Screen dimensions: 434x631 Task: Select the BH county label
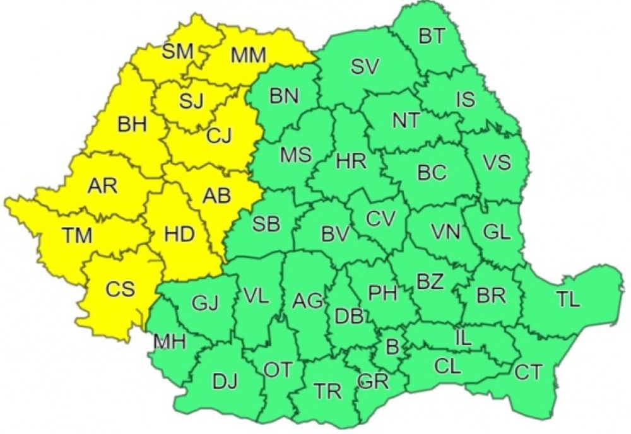[x=132, y=124]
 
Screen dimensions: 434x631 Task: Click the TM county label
[x=77, y=236]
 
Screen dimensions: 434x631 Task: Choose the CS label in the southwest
[x=119, y=290]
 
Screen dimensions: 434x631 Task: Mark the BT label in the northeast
[x=431, y=37]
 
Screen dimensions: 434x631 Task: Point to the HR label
[x=351, y=161]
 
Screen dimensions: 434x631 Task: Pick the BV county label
[x=335, y=235]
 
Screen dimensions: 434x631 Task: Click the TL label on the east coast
[x=568, y=300]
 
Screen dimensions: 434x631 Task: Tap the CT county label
[x=528, y=372]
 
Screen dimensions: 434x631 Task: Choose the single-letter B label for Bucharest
[x=392, y=346]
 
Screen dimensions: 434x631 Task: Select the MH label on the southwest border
[x=170, y=343]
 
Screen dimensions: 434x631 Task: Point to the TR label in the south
[x=328, y=391]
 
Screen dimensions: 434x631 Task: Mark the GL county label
[x=497, y=232]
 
